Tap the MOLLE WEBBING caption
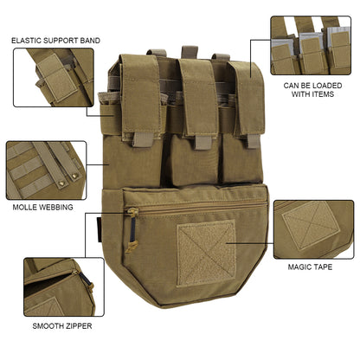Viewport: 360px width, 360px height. click(x=48, y=208)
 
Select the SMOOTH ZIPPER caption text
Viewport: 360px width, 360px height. click(x=61, y=326)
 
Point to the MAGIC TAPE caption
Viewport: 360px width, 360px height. click(x=310, y=267)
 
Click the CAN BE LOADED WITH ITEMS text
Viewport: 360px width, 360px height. click(x=310, y=89)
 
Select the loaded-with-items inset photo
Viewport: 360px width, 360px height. click(x=311, y=45)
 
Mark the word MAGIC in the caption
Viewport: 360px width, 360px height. click(x=299, y=267)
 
